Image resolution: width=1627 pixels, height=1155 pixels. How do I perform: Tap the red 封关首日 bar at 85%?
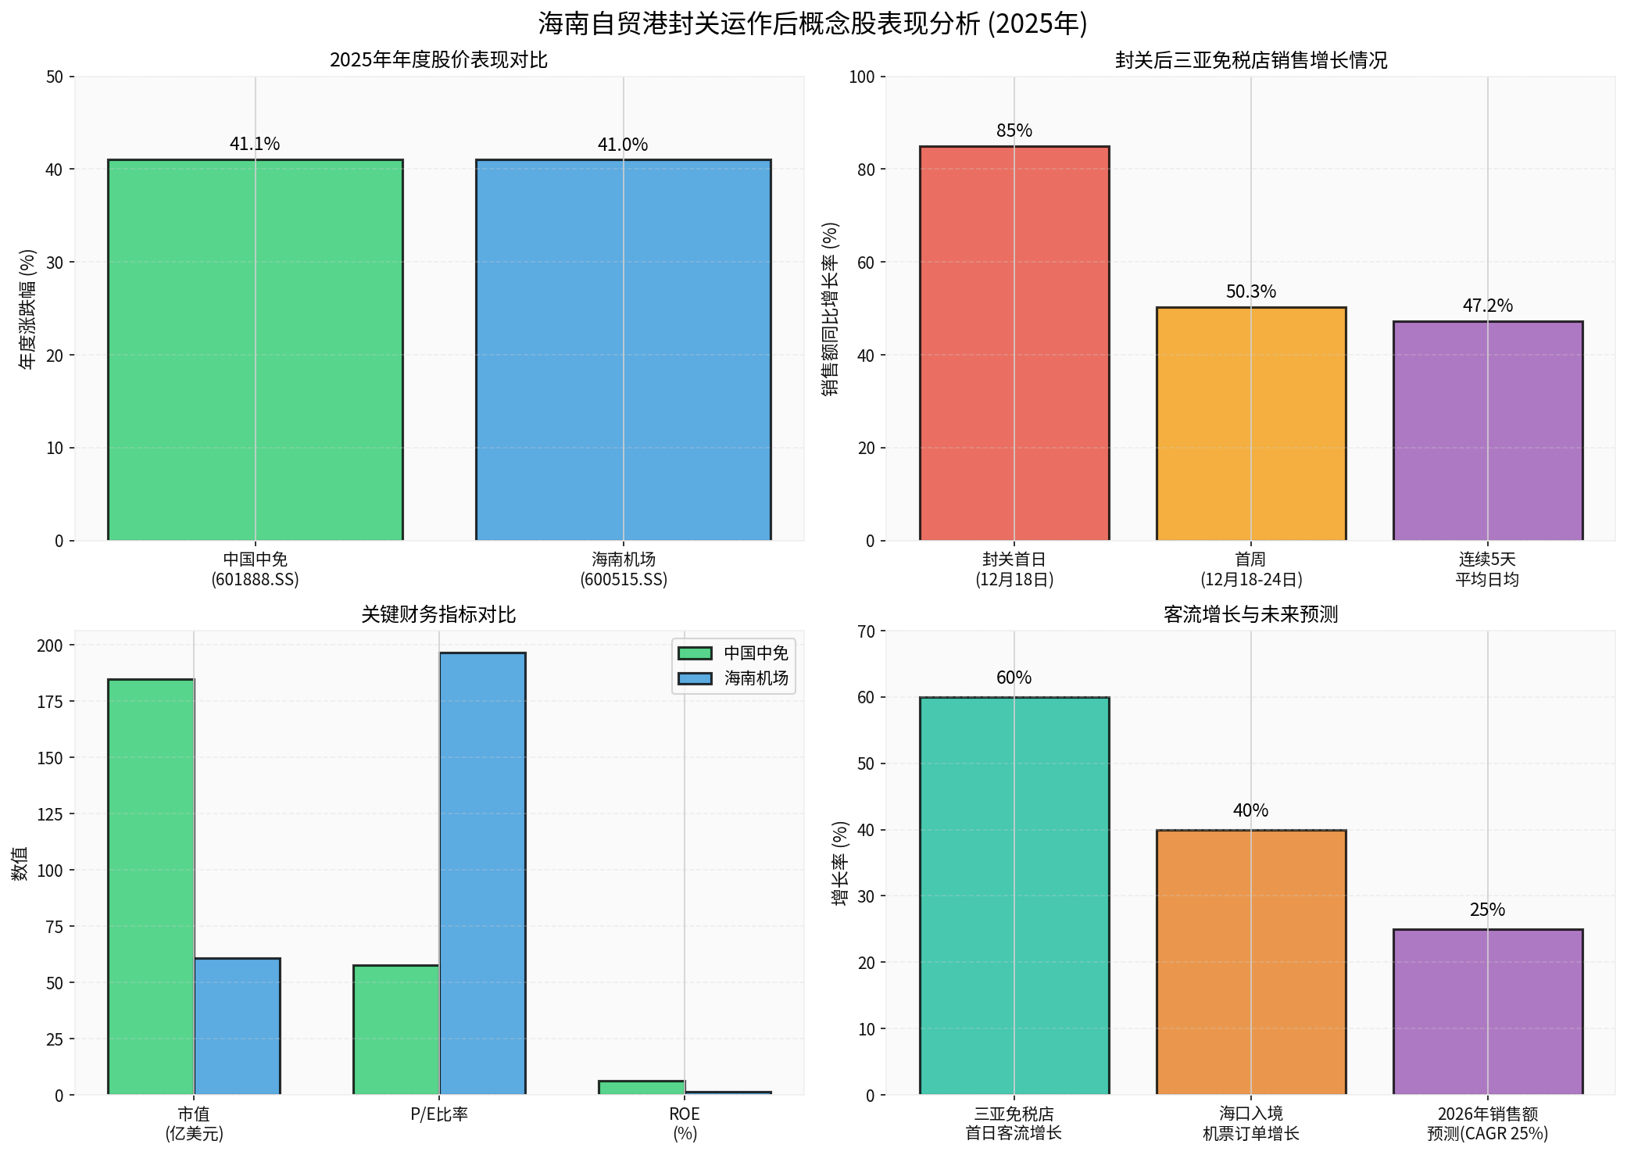[1014, 344]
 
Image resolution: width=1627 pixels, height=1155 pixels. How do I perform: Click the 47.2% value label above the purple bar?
[1487, 306]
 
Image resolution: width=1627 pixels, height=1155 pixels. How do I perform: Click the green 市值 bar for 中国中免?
[151, 886]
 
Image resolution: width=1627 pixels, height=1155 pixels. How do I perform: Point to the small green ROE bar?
[641, 1087]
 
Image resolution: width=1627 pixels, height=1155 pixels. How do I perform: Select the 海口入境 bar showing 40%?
[1250, 962]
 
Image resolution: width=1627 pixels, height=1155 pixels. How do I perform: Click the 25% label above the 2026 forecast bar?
[1487, 910]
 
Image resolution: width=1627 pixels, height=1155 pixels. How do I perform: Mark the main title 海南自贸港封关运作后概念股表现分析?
[813, 23]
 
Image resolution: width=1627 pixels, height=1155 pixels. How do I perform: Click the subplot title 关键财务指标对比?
[438, 615]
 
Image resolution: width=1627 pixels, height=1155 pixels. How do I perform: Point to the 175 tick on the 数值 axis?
[50, 702]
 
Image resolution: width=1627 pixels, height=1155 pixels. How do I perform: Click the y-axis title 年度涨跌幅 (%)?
[27, 309]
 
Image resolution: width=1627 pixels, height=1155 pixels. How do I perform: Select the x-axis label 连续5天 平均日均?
[1487, 570]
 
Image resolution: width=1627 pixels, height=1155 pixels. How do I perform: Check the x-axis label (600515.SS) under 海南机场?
[623, 580]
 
